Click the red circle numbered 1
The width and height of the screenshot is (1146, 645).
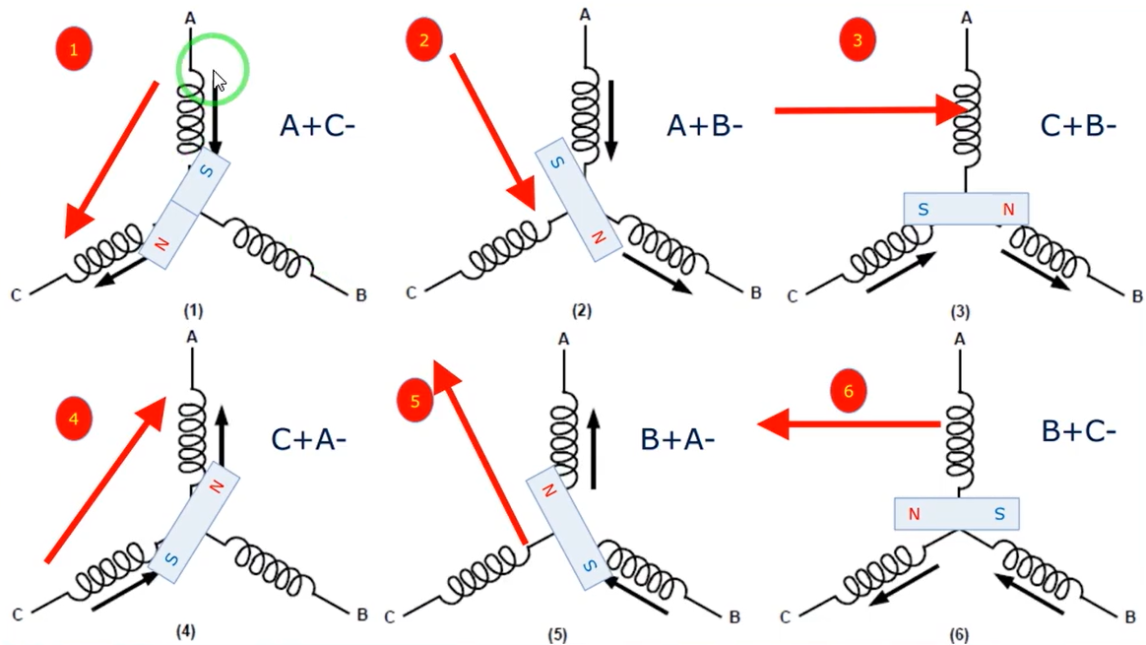(74, 50)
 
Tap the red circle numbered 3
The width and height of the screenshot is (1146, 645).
(857, 40)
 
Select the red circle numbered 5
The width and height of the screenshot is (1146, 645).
(414, 401)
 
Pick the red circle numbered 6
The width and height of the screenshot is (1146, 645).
(848, 391)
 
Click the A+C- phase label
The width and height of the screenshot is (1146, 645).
(317, 126)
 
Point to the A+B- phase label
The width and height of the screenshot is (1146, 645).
(704, 126)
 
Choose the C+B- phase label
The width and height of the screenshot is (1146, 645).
(1077, 126)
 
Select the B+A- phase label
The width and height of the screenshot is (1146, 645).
(676, 439)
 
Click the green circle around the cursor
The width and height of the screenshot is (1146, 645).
(213, 72)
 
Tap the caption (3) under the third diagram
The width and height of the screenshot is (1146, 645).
(960, 313)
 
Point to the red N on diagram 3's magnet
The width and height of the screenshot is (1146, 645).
(1007, 209)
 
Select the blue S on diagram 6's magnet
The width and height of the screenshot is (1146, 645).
(998, 513)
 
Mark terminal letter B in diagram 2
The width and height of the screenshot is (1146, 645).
(755, 292)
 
